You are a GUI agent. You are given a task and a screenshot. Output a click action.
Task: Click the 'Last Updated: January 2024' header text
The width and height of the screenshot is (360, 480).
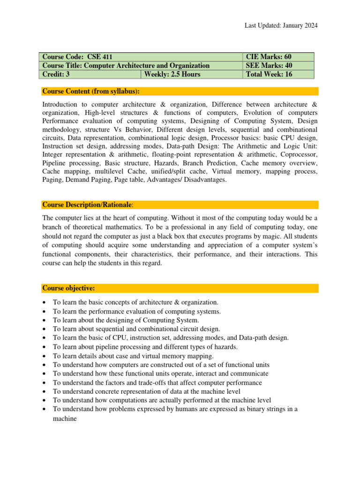[281, 26]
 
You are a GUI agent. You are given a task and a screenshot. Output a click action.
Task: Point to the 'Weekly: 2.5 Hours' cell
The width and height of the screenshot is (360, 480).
[172, 74]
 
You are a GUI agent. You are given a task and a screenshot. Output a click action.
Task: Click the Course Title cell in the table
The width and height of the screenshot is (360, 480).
[126, 66]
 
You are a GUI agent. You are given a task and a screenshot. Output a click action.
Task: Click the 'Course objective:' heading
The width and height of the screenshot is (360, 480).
[69, 287]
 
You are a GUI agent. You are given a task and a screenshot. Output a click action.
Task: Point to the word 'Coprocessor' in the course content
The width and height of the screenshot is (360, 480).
[298, 154]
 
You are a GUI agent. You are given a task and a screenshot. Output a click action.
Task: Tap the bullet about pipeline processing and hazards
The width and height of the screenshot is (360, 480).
[145, 347]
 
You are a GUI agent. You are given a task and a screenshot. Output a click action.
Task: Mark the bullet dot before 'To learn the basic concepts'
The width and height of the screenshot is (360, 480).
[44, 303]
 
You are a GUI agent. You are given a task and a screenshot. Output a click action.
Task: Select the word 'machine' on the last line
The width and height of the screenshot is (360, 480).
[64, 419]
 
